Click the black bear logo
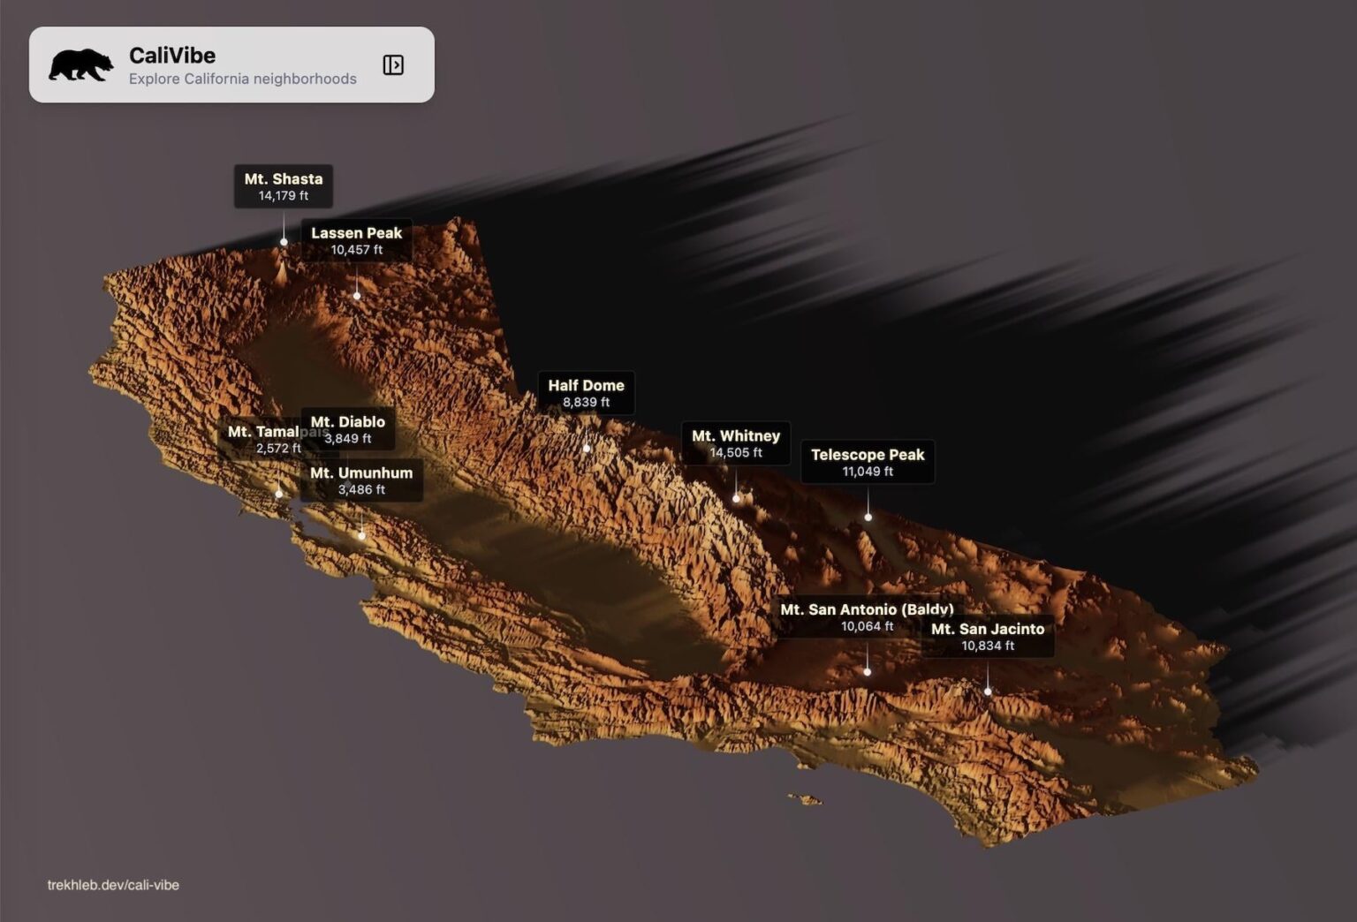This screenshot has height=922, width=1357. tap(80, 64)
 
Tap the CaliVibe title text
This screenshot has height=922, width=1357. tap(172, 55)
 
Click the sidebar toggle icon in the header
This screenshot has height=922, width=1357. tap(393, 64)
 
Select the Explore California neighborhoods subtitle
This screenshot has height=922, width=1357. tap(243, 79)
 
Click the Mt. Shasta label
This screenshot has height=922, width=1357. tap(284, 186)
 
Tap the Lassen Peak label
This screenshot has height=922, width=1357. tap(356, 240)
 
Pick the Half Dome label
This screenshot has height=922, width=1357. tap(586, 393)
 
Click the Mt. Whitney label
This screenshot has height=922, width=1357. tap(736, 443)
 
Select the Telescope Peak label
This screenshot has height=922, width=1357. tap(868, 462)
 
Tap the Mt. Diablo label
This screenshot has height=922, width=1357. tap(348, 429)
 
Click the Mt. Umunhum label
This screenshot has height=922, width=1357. tap(361, 480)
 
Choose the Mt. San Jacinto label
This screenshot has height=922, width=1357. tap(988, 636)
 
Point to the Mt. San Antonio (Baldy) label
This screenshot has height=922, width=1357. tap(867, 616)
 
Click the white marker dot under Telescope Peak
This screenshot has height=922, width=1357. tap(868, 518)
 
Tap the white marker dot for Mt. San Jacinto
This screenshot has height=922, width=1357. tap(988, 691)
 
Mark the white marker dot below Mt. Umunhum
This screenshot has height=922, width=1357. tap(361, 536)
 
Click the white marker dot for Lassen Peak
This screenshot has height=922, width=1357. tap(357, 296)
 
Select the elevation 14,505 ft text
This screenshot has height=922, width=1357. tap(736, 453)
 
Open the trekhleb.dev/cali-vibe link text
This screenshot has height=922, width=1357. tap(113, 885)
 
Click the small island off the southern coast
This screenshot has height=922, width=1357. tap(806, 799)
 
